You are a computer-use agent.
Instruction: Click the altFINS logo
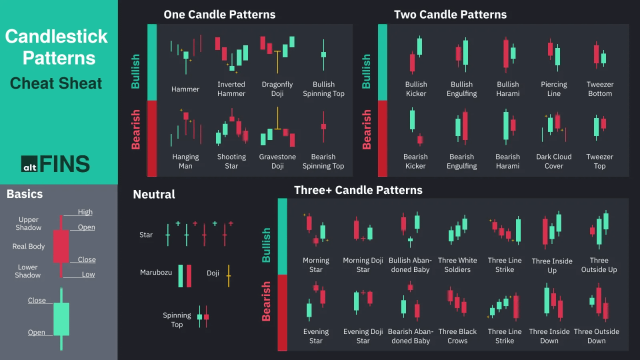[x=55, y=164]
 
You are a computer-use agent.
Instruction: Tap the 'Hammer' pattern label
[x=185, y=89]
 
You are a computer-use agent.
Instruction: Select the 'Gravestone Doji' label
[x=277, y=161]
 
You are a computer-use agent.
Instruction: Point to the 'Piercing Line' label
[x=554, y=89]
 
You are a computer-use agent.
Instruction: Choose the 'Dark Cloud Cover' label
[x=553, y=161]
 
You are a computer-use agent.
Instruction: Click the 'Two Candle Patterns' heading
[x=450, y=14]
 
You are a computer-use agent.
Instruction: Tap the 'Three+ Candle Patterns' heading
[x=358, y=190]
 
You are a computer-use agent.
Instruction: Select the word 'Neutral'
[x=154, y=194]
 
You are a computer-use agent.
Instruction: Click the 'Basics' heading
[x=24, y=194]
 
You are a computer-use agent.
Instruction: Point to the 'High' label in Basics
[x=85, y=212]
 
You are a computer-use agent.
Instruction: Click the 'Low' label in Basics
[x=88, y=274]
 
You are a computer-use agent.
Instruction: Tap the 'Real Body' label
[x=28, y=246]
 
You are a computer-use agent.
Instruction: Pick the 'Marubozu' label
[x=156, y=272]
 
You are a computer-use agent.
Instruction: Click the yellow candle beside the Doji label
[x=228, y=275]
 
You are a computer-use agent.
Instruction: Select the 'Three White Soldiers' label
[x=457, y=265]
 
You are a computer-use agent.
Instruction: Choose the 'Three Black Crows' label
[x=457, y=336]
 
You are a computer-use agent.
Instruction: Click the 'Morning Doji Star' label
[x=363, y=265]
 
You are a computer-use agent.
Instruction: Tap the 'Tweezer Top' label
[x=599, y=161]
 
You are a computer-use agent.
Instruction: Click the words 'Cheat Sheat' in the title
[x=56, y=83]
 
